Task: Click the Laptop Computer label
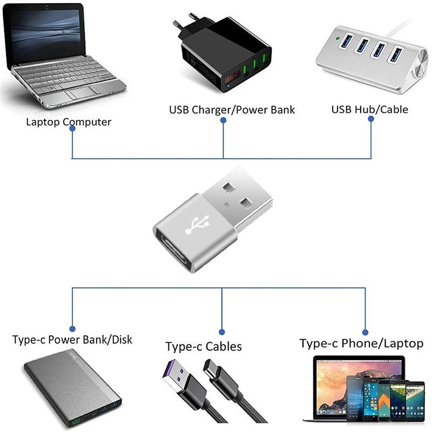(x=69, y=122)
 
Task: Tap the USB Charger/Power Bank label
(x=232, y=110)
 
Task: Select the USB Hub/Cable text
(x=369, y=110)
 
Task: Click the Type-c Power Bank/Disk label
(x=72, y=340)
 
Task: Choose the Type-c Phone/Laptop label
(x=361, y=343)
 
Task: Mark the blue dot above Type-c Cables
(x=222, y=331)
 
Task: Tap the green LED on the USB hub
(x=337, y=39)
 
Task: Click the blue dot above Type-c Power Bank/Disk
(x=72, y=327)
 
